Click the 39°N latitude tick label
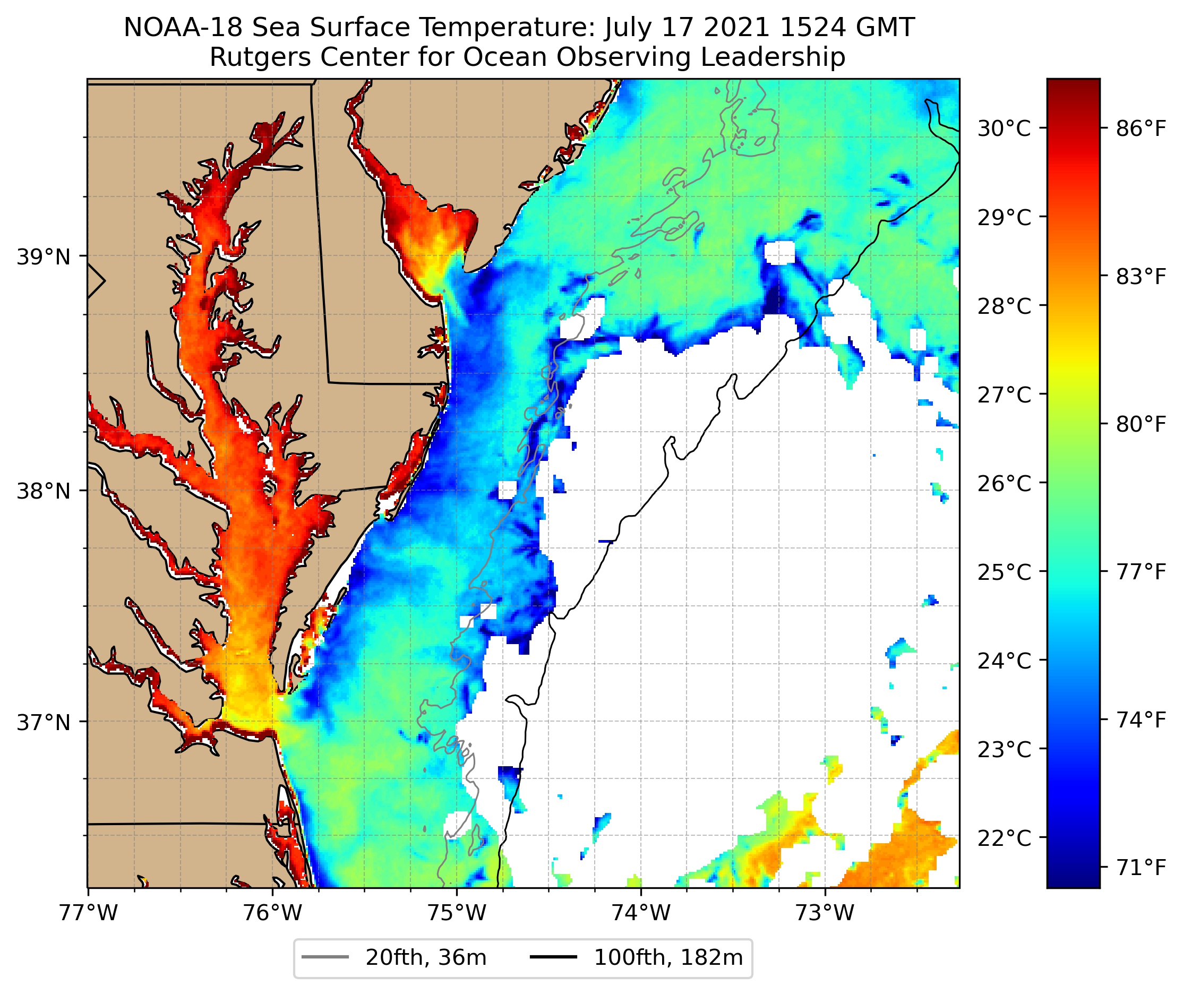click(44, 257)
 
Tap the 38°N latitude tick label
click(44, 491)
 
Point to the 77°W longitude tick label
click(89, 913)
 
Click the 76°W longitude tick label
click(273, 913)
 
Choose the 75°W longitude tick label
click(457, 913)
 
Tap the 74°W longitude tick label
click(641, 913)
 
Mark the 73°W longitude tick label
click(825, 913)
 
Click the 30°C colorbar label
click(1004, 128)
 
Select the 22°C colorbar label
click(1004, 838)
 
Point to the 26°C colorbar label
click(1004, 484)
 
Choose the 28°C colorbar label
click(1004, 306)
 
